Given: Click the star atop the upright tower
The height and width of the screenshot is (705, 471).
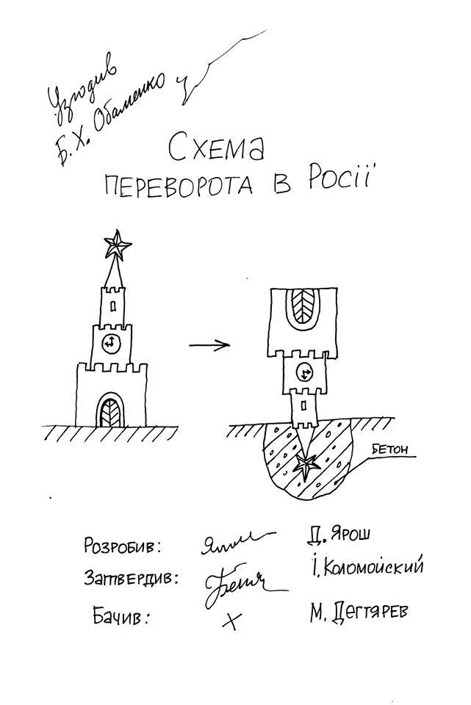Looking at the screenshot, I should click(115, 245).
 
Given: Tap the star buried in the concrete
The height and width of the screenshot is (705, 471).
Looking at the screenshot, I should click(304, 465).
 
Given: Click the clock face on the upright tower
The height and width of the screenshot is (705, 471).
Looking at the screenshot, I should click(110, 342).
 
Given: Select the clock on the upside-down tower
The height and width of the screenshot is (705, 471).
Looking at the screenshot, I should click(304, 373).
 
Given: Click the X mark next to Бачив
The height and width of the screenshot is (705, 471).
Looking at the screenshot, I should click(231, 621).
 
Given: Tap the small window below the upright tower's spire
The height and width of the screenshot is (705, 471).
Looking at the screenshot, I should click(112, 302).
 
